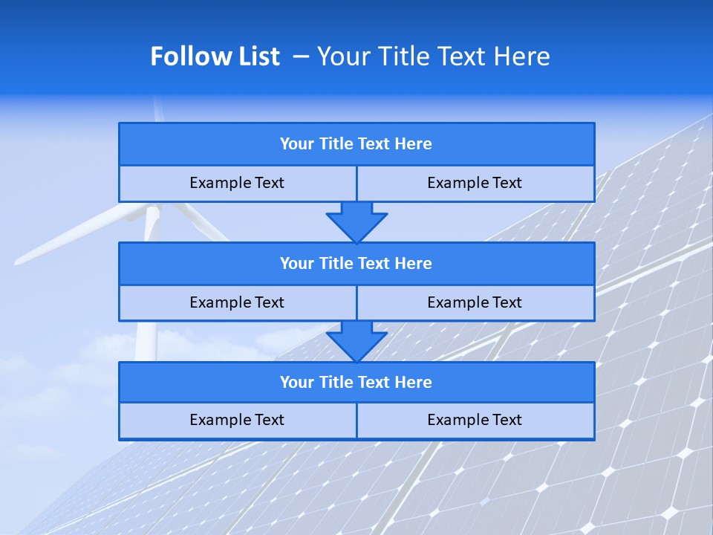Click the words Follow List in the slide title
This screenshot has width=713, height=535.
215,56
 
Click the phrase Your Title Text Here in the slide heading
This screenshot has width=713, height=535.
433,56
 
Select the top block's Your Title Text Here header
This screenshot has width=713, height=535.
356,144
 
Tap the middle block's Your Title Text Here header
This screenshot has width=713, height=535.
356,264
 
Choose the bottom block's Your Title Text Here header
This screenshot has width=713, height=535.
356,383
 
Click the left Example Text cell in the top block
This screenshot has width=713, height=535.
237,183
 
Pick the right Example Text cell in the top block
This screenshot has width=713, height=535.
475,183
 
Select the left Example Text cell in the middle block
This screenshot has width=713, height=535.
237,302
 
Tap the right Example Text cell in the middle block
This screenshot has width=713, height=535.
475,302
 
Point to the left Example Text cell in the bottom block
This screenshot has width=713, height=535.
237,420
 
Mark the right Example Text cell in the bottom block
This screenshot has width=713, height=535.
475,420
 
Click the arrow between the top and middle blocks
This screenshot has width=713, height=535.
356,222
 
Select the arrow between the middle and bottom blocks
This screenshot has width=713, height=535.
356,341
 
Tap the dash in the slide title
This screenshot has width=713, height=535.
301,56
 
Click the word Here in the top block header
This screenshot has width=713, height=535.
414,144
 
